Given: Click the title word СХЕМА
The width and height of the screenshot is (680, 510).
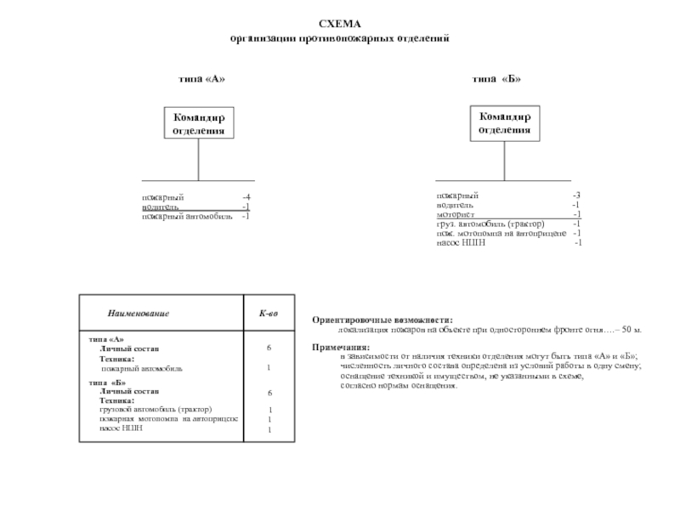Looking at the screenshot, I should pyautogui.click(x=339, y=25).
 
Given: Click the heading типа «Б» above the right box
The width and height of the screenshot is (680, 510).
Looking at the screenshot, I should pyautogui.click(x=497, y=79).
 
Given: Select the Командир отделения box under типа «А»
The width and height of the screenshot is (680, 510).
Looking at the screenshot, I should pyautogui.click(x=199, y=122).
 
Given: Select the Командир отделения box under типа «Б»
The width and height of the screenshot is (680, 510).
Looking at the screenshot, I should pyautogui.click(x=504, y=122).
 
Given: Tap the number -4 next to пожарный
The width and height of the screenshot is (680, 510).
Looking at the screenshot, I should pyautogui.click(x=246, y=197).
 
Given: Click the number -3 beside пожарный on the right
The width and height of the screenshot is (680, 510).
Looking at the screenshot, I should pyautogui.click(x=576, y=195).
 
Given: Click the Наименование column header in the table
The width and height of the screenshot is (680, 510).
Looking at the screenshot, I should pyautogui.click(x=138, y=314).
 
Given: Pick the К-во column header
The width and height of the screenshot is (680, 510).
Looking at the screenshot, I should pyautogui.click(x=269, y=314).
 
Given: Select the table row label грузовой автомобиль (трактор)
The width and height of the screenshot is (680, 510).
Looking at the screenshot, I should pyautogui.click(x=156, y=409).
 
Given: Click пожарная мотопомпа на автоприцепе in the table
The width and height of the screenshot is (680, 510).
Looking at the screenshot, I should pyautogui.click(x=168, y=419).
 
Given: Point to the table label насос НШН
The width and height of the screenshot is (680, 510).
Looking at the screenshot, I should pyautogui.click(x=121, y=428).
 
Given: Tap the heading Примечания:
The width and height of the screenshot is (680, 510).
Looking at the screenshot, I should pyautogui.click(x=341, y=348).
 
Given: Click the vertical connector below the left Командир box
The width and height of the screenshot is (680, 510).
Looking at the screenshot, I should pyautogui.click(x=199, y=158).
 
